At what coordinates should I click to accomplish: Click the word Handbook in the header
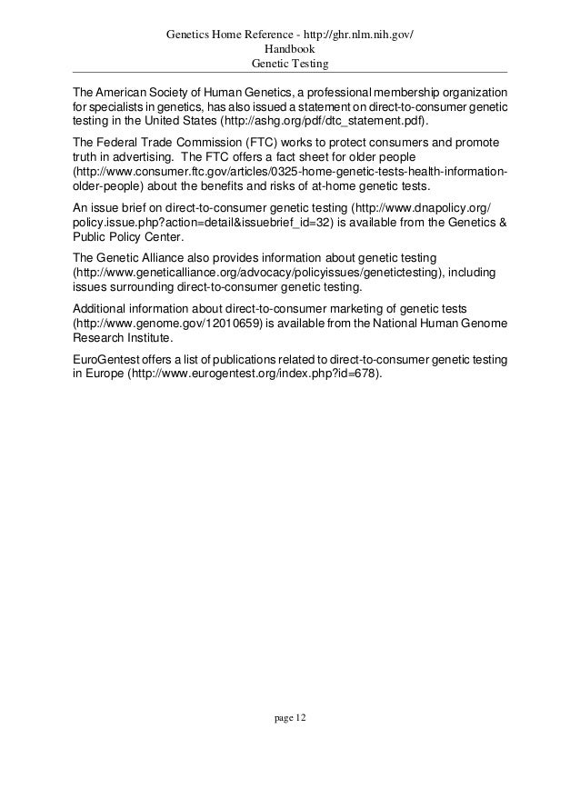pos(289,49)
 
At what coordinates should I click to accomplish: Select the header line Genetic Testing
pos(289,64)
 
